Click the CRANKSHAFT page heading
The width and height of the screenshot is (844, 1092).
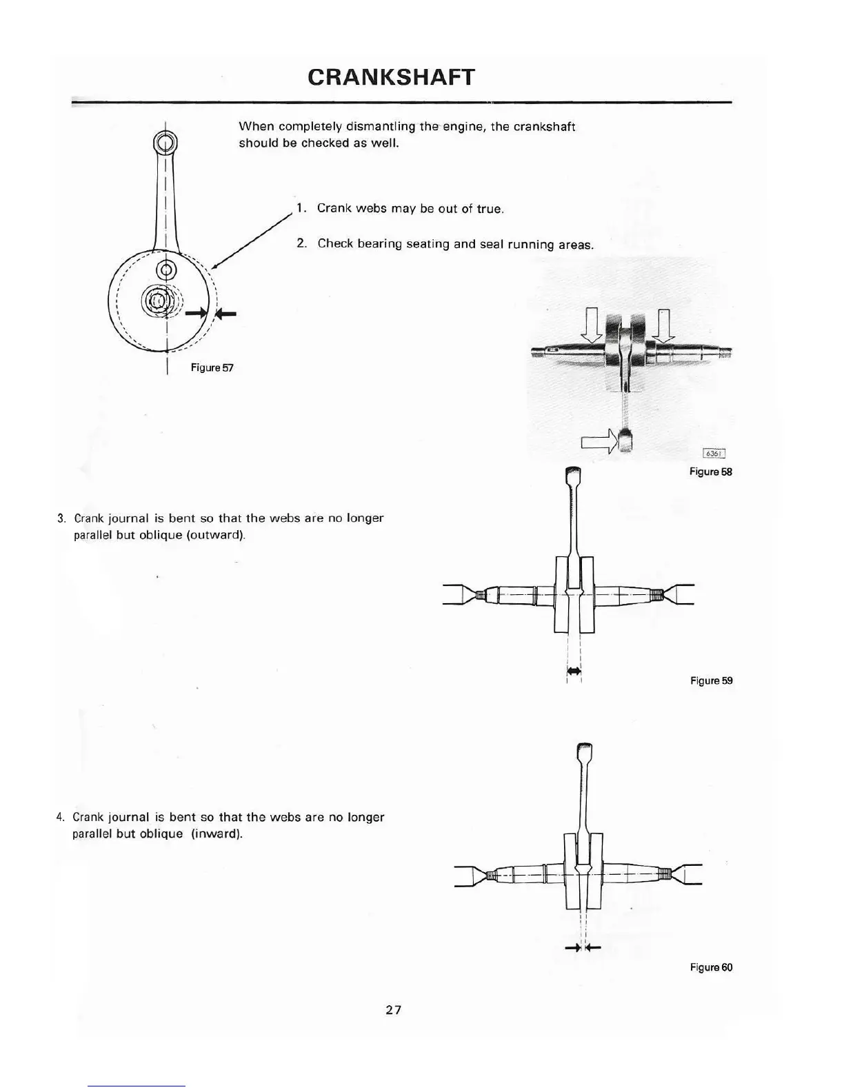391,77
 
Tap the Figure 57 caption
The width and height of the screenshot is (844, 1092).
212,367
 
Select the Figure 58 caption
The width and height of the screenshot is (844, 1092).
710,472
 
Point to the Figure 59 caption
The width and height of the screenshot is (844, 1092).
711,680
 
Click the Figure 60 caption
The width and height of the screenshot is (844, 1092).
711,967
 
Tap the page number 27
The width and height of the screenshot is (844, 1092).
393,1010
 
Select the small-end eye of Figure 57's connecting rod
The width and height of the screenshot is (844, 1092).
165,144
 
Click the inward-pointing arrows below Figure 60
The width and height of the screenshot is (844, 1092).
583,948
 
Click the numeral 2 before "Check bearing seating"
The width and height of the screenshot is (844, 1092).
301,243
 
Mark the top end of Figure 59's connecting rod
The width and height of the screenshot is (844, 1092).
574,474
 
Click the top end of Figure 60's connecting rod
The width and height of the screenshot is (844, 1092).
583,749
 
